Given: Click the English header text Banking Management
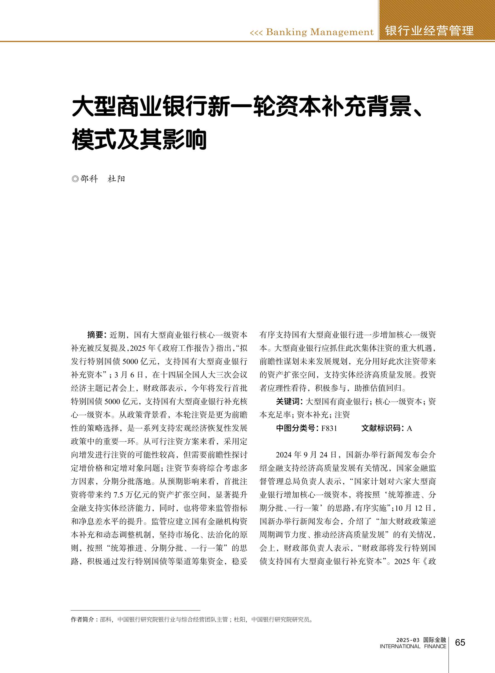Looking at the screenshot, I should (320, 32).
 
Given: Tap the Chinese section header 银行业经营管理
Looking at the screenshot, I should (429, 31).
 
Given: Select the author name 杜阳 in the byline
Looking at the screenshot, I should (116, 179).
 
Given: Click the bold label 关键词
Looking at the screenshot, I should (288, 402).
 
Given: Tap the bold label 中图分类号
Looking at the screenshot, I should (296, 428).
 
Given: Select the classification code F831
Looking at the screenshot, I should (329, 429).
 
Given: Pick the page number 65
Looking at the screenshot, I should (460, 643).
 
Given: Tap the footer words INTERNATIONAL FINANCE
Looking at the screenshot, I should (413, 646).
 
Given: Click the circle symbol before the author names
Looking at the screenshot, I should (75, 179).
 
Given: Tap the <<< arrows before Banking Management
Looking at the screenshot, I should (256, 32).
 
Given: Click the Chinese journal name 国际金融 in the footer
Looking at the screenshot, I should (435, 640).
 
